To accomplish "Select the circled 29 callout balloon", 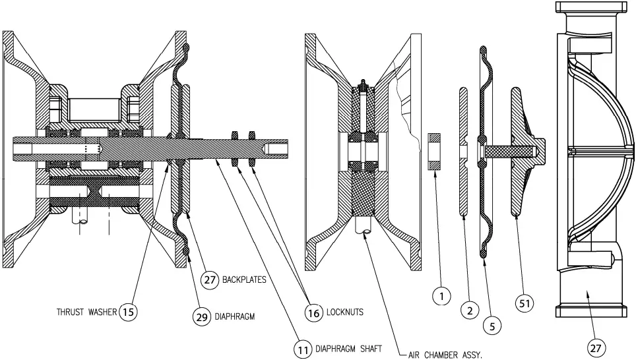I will (201, 316).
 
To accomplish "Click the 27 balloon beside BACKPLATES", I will (210, 280).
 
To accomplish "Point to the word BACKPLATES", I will (244, 280).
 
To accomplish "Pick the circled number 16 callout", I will (314, 311).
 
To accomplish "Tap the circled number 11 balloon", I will (302, 348).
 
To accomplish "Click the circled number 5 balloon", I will (492, 324).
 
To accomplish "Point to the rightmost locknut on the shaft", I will (251, 148).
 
